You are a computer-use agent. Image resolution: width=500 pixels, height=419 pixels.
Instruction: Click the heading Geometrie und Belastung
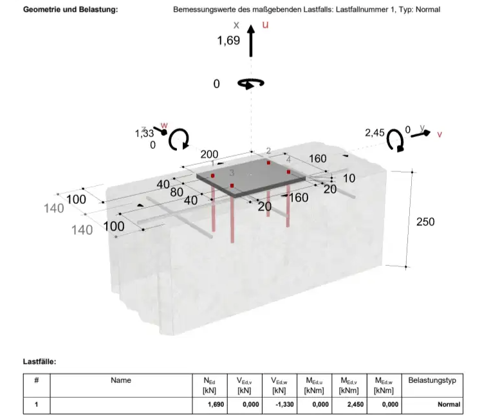[71, 10]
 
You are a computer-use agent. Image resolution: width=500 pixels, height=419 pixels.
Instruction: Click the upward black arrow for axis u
[251, 41]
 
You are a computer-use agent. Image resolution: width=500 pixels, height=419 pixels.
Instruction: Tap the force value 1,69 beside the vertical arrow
[228, 41]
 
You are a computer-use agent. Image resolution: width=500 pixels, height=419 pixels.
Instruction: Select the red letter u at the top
[265, 24]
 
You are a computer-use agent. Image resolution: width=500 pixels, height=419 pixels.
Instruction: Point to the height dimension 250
[425, 221]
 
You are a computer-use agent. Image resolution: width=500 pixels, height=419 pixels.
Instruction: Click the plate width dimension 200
[209, 154]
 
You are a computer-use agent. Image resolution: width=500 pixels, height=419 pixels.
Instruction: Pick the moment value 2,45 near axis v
[375, 133]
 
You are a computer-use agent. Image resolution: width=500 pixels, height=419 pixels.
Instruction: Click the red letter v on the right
[440, 135]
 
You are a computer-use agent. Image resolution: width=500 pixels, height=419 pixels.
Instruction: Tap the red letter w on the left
[164, 125]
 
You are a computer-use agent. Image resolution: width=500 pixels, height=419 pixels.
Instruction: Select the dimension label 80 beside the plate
[177, 192]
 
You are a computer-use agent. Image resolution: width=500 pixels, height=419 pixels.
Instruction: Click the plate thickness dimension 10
[349, 178]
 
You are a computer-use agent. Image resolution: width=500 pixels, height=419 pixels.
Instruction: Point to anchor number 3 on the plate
[232, 173]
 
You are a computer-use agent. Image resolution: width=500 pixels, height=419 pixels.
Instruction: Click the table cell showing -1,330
[279, 405]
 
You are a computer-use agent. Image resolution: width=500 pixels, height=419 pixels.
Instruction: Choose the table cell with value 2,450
[349, 405]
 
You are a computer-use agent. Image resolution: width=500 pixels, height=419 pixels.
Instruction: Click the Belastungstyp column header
[432, 380]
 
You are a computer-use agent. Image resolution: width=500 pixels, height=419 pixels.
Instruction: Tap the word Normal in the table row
[449, 405]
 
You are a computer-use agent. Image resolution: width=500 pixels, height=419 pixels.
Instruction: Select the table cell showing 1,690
[210, 405]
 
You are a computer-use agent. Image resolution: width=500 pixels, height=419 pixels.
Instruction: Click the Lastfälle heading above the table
[39, 362]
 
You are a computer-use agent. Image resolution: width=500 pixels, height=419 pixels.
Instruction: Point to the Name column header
[121, 380]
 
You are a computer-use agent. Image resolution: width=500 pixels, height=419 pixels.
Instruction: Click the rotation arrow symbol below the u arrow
[251, 84]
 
